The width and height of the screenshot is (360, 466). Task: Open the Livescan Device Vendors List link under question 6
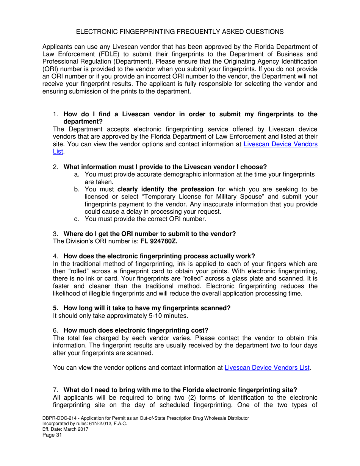pos(268,367)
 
